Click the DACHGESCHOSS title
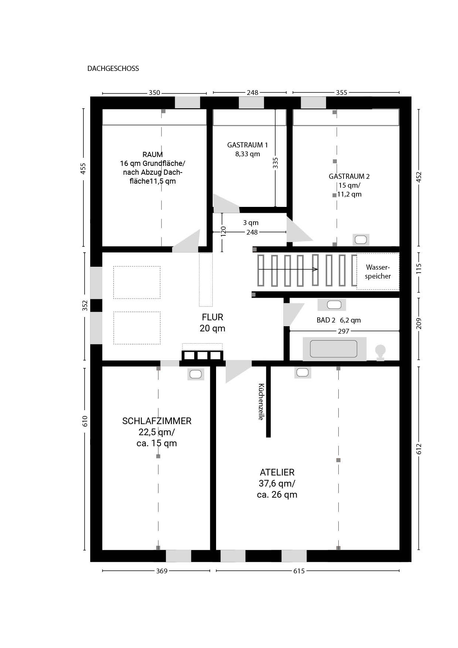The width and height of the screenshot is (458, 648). tap(113, 68)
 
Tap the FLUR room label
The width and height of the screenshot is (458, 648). tap(212, 317)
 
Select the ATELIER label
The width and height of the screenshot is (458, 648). tap(277, 472)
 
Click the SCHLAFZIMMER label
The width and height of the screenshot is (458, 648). tap(157, 421)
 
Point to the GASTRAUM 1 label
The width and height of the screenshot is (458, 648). tap(247, 145)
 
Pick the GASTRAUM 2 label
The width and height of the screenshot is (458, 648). tap(349, 176)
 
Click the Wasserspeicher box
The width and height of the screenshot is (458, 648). tap(377, 272)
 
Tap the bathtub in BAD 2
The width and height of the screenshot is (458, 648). tap(334, 349)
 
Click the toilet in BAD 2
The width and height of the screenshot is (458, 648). tap(380, 352)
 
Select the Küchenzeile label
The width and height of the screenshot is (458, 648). tap(261, 402)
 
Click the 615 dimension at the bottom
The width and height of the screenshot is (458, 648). tap(299, 571)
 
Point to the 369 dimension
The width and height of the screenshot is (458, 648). tap(161, 571)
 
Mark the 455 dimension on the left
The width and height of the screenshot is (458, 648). tap(83, 169)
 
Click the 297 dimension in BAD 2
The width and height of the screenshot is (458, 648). tap(343, 331)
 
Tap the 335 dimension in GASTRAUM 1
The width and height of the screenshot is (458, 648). tap(275, 163)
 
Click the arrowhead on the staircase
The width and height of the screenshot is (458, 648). tap(316, 269)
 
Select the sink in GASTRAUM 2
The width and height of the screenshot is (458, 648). tap(361, 240)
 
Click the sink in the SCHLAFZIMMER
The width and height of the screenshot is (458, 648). tap(195, 374)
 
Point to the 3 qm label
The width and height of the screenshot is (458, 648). tap(251, 223)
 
